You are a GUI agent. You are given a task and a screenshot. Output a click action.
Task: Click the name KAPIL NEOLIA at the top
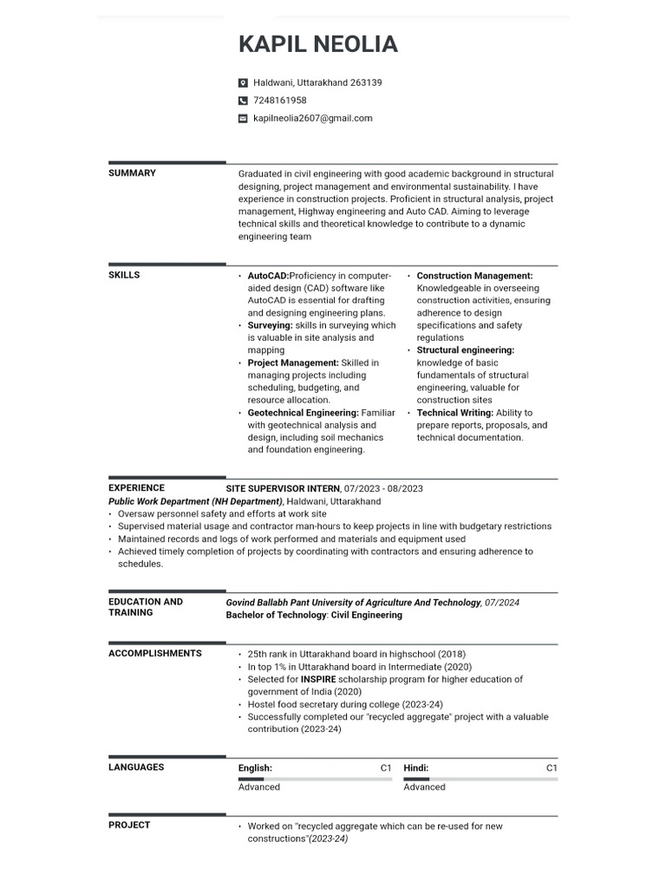coord(318,44)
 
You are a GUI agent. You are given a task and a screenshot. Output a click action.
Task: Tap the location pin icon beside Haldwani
coord(243,83)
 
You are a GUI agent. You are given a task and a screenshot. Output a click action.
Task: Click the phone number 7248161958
coord(279,101)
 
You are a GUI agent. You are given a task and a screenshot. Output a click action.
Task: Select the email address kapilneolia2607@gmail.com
coord(312,118)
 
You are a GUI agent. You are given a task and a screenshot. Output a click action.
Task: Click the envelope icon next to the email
coord(243,119)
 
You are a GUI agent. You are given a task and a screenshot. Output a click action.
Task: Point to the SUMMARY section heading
coord(132,173)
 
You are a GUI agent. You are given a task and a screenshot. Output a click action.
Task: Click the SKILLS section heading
coord(124,275)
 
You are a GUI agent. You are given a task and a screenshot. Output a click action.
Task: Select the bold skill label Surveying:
coord(270,325)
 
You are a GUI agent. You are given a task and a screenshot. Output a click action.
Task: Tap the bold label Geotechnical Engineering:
coord(303,413)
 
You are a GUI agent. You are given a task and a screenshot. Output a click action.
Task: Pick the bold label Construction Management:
coord(474,276)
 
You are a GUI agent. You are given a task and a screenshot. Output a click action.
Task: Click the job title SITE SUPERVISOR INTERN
coord(283,488)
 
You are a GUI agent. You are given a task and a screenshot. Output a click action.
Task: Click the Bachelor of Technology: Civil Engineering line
coord(314,615)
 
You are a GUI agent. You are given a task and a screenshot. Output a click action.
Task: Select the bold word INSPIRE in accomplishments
coord(318,680)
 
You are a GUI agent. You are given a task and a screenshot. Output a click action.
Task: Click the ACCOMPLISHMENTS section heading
coord(154,654)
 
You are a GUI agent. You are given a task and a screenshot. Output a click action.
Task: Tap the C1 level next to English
coord(386,768)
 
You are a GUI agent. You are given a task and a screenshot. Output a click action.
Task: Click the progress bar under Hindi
coord(480,779)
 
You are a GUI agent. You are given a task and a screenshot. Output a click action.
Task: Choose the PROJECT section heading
coord(129,826)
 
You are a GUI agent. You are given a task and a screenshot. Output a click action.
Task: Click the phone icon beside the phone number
coord(243,101)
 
